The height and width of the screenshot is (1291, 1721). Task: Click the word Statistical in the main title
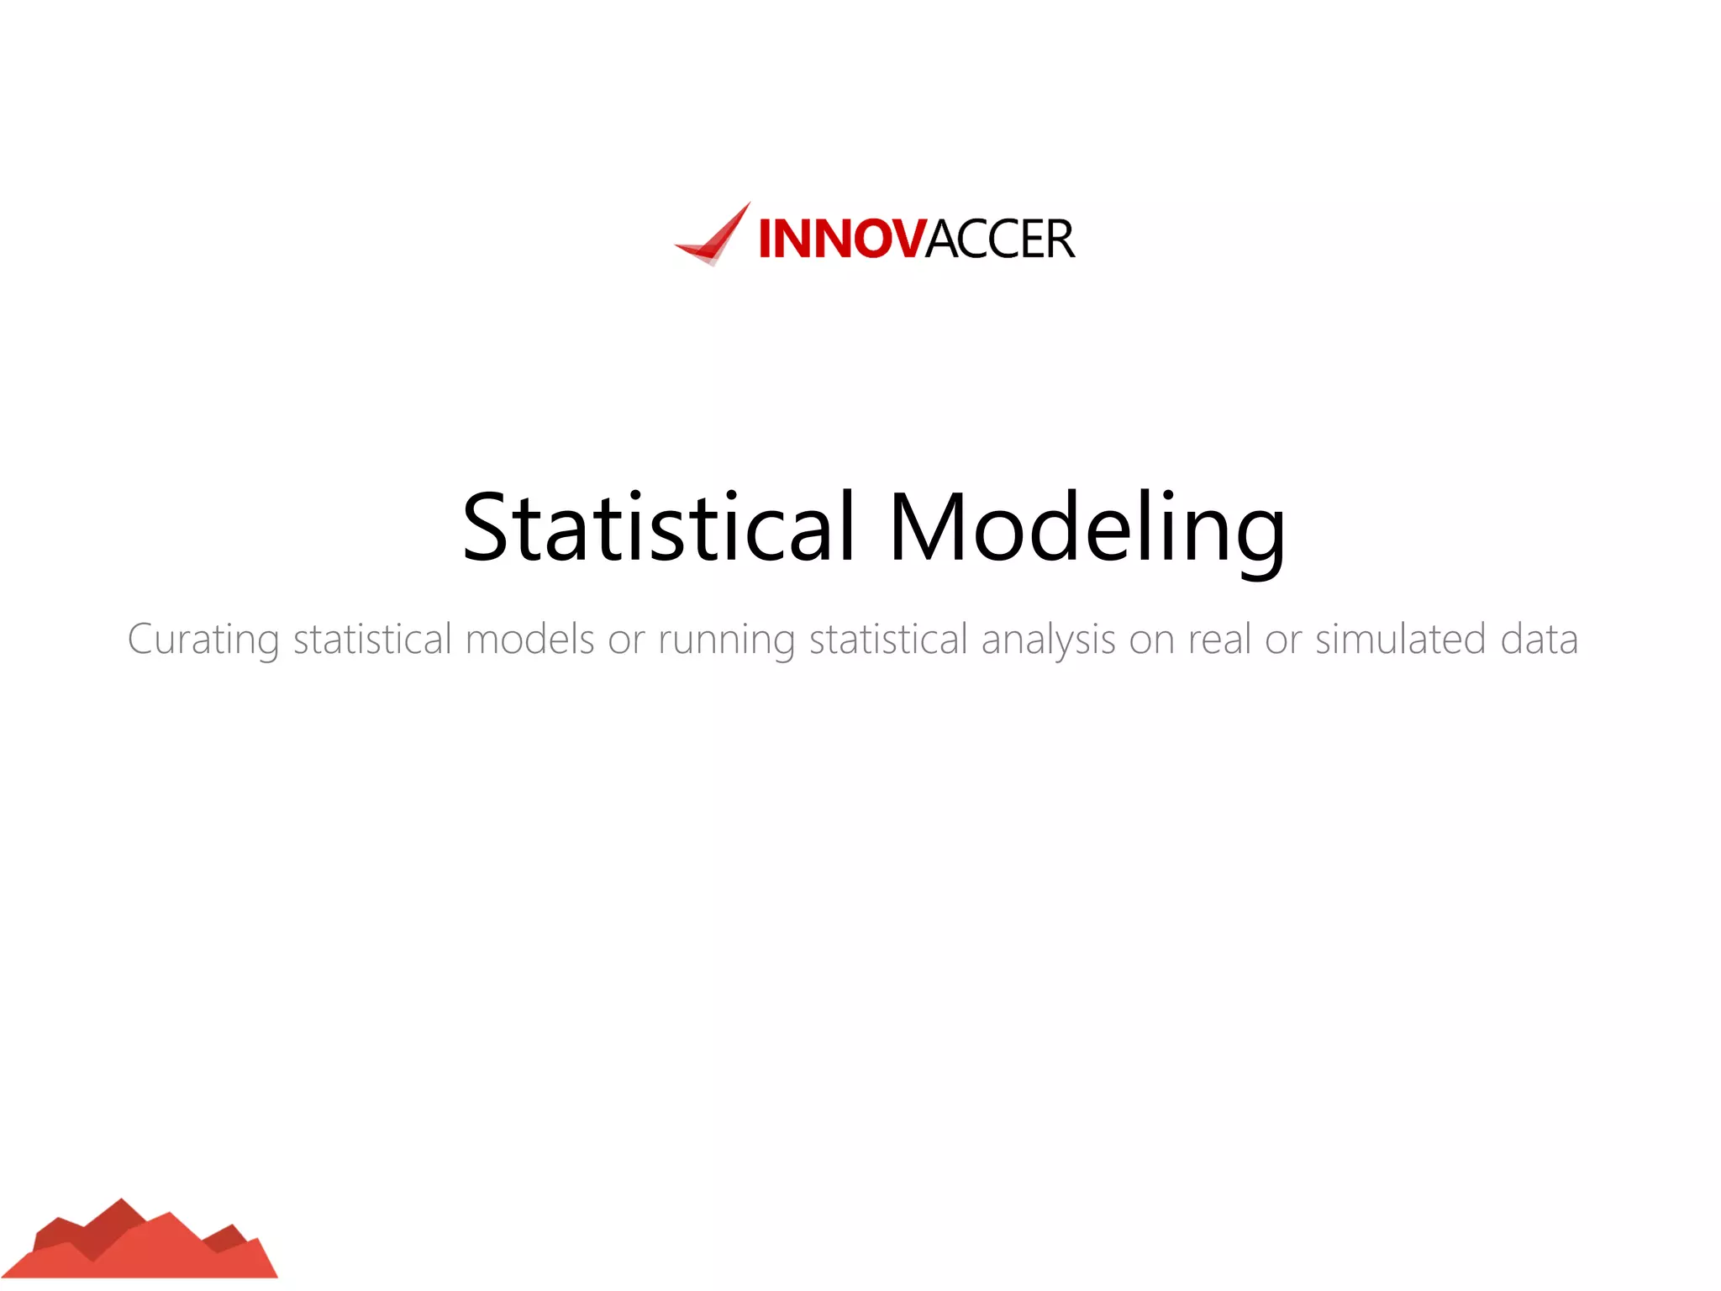pos(659,528)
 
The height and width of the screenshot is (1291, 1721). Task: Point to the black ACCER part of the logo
pos(1000,239)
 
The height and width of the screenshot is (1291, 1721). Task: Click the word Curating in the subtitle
pos(203,640)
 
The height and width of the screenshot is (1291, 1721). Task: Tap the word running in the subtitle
pos(726,640)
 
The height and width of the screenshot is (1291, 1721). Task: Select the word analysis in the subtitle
pos(1048,640)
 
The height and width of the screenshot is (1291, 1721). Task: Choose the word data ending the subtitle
pos(1539,640)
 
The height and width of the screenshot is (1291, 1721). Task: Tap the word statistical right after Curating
pos(372,640)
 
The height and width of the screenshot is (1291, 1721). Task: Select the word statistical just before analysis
pos(888,640)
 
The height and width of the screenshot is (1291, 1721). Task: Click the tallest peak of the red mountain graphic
pos(121,1204)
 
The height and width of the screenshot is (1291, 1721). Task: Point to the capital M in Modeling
pos(926,528)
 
